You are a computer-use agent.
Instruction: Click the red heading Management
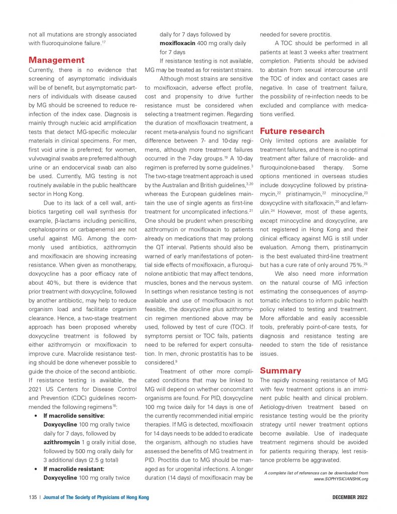click(57, 60)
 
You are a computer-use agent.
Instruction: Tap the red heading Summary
click(281, 370)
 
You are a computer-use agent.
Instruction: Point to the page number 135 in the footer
click(33, 497)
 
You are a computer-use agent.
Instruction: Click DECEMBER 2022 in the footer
click(350, 497)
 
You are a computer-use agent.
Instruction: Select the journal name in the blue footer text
click(96, 497)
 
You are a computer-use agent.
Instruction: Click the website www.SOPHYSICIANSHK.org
click(341, 479)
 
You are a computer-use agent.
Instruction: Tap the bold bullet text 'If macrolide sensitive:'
click(74, 416)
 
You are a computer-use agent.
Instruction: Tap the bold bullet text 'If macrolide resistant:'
click(73, 469)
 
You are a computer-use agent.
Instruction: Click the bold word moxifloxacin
click(177, 43)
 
